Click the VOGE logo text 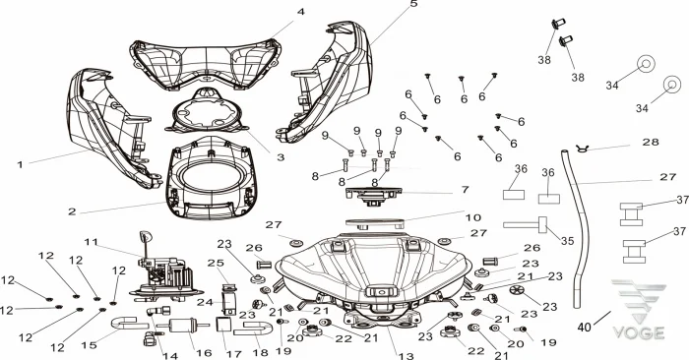[x=639, y=332]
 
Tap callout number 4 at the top [x=300, y=12]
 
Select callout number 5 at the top [x=414, y=4]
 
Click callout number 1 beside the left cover [x=20, y=164]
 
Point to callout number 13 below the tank [x=407, y=356]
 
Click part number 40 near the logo [x=584, y=328]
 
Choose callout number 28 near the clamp [x=651, y=142]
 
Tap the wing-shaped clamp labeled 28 [x=583, y=149]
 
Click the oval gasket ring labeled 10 [x=374, y=223]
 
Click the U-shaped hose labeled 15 [x=127, y=323]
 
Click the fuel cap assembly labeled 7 [x=374, y=196]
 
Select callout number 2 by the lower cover [x=72, y=211]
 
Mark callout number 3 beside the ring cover [x=281, y=157]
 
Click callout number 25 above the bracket [x=216, y=263]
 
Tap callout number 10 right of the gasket [x=473, y=217]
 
